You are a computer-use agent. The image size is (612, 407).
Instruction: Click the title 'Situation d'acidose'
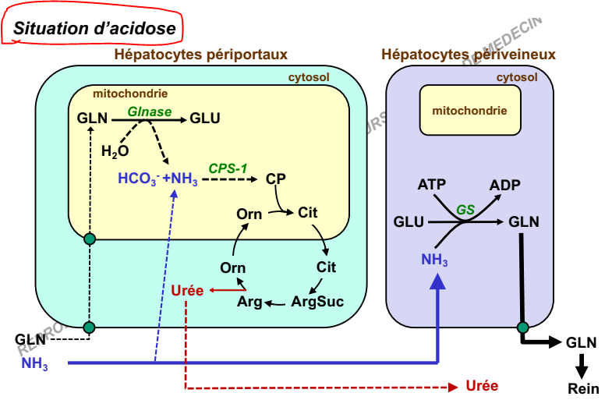[94, 28]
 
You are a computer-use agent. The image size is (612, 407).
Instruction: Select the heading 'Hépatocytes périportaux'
[201, 55]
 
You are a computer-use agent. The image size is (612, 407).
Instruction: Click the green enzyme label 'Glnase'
[150, 111]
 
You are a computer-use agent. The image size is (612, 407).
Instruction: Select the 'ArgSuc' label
[317, 301]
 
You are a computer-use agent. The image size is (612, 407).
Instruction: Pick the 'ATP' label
[432, 185]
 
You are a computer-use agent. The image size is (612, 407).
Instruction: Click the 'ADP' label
[505, 185]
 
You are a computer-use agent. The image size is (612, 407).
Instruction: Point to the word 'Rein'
[580, 388]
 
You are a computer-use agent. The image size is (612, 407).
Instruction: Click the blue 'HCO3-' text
[138, 179]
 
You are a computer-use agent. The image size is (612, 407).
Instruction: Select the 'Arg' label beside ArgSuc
[249, 302]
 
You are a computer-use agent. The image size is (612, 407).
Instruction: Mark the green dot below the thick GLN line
[522, 327]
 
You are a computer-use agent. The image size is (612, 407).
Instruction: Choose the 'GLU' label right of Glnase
[205, 119]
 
